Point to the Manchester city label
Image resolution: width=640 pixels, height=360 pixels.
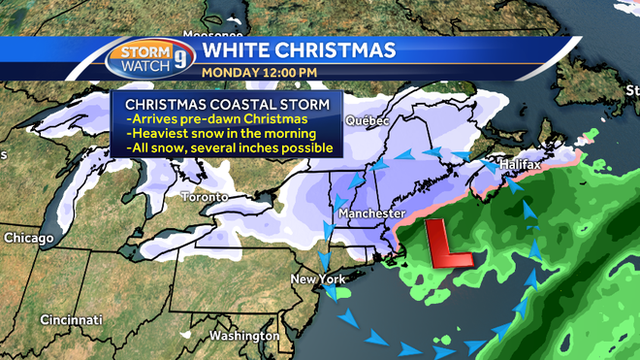(x=370, y=212)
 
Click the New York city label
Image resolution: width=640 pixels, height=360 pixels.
(x=319, y=279)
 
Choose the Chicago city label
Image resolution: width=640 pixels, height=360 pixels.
(x=28, y=237)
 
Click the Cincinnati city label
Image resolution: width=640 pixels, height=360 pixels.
(x=71, y=319)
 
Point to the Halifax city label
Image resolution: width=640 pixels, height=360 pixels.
(x=519, y=166)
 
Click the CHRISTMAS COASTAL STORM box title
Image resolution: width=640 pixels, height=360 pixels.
(x=226, y=103)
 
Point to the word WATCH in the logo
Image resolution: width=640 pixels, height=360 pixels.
(x=140, y=65)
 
